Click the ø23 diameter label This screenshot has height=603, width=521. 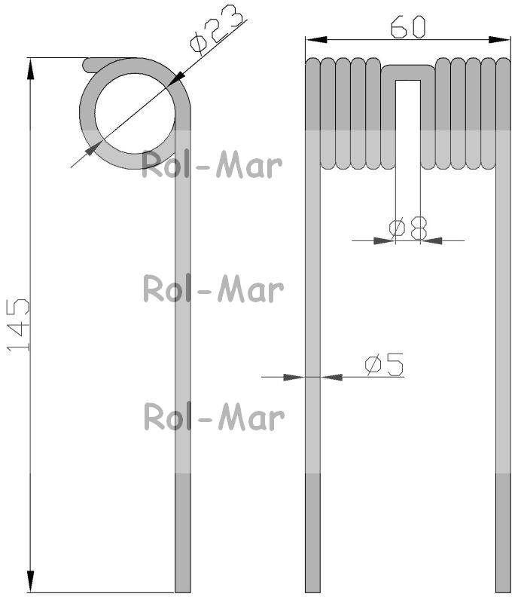(217, 30)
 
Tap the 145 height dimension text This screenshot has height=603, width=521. (18, 325)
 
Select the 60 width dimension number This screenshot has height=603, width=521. (408, 26)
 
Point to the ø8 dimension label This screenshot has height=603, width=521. (408, 228)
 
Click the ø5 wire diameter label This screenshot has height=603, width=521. (384, 364)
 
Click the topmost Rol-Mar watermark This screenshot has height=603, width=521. (212, 165)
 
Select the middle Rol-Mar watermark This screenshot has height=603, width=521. (213, 289)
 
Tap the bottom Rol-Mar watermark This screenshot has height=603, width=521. (214, 417)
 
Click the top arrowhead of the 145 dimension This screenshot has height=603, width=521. (30, 69)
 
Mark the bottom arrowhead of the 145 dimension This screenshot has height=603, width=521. (30, 581)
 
